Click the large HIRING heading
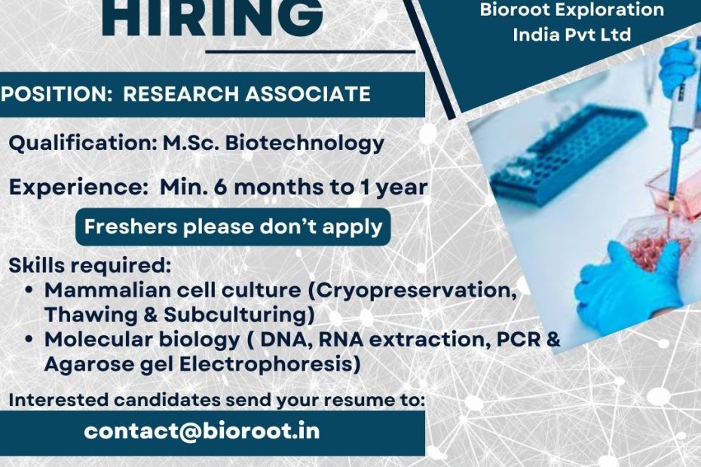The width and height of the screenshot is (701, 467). coord(213,17)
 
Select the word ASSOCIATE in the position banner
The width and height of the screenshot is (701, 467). coord(308,94)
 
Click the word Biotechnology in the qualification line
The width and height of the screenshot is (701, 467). coord(305,143)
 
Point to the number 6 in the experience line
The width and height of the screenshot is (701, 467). coord(220,188)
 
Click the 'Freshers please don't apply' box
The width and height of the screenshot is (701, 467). coord(233,227)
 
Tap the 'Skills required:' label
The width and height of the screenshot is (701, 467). coord(90,266)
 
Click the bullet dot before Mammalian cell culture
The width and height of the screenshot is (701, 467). coord(29,290)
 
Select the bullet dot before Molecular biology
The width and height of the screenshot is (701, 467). coord(29,340)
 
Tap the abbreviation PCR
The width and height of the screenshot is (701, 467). coord(519,340)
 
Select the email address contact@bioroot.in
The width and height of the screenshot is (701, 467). coord(202,432)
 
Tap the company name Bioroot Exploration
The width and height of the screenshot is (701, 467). coord(572,10)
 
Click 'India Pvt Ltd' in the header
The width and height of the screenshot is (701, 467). coord(572,35)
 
